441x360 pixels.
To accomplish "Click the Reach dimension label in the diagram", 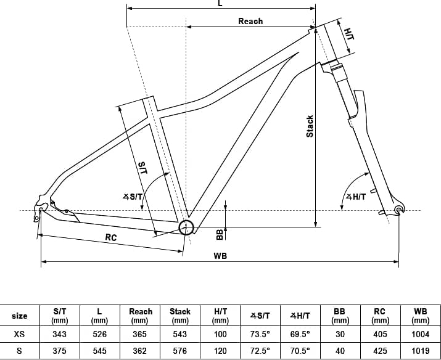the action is pos(250,21).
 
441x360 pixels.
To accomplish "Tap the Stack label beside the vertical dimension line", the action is pos(310,126).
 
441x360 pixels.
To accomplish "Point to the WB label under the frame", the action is pos(220,256).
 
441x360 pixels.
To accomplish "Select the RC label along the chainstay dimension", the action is pos(111,237).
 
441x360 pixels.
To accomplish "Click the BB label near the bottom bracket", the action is pos(220,235).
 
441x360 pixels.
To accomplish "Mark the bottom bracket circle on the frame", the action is pos(186,227).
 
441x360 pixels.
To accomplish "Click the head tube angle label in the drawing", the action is pos(356,197).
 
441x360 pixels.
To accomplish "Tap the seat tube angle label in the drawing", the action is pos(133,197).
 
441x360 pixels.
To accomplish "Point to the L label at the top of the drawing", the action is pos(220,3).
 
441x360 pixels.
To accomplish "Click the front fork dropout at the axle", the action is pos(399,210).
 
